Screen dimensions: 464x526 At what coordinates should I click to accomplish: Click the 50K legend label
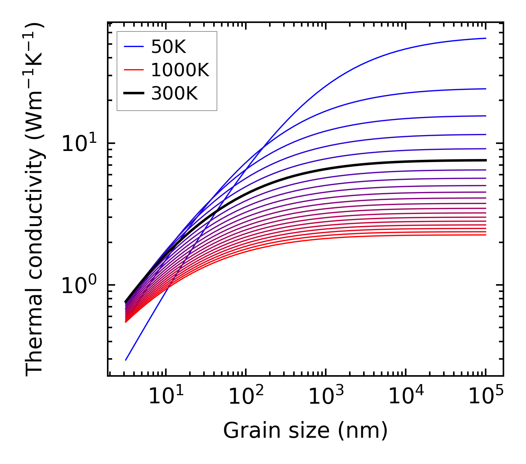(168, 47)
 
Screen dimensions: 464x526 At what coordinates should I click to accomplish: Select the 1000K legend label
(180, 70)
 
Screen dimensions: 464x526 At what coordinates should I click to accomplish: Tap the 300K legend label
(174, 94)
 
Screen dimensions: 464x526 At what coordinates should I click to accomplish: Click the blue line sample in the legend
(133, 47)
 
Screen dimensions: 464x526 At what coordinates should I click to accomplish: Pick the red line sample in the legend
(133, 70)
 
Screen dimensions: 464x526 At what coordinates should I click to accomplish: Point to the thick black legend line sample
(133, 94)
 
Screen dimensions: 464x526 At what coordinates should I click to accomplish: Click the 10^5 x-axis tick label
(485, 396)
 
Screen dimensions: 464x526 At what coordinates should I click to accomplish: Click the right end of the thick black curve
(486, 160)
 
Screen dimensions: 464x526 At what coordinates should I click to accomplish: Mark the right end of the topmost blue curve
(486, 38)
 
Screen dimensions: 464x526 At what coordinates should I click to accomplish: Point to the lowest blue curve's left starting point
(126, 360)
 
